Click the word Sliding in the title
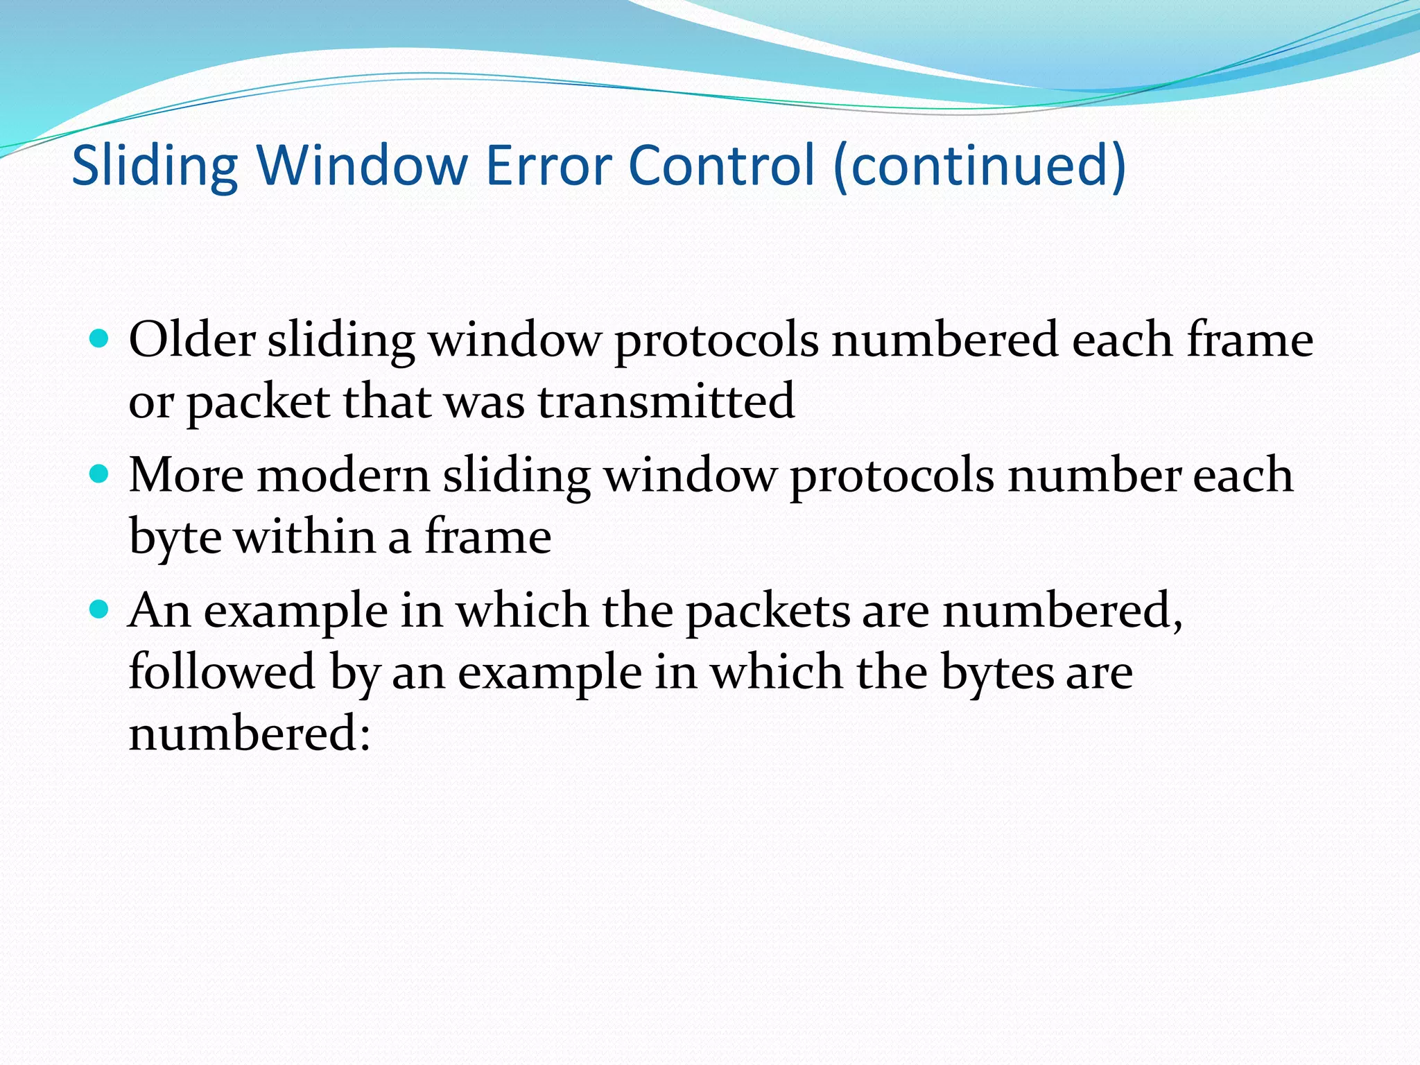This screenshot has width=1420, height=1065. (155, 166)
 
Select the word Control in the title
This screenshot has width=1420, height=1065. (722, 166)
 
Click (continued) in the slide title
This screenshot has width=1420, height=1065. (979, 166)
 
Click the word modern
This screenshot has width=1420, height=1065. (344, 476)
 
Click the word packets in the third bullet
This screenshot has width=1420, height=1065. (768, 612)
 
